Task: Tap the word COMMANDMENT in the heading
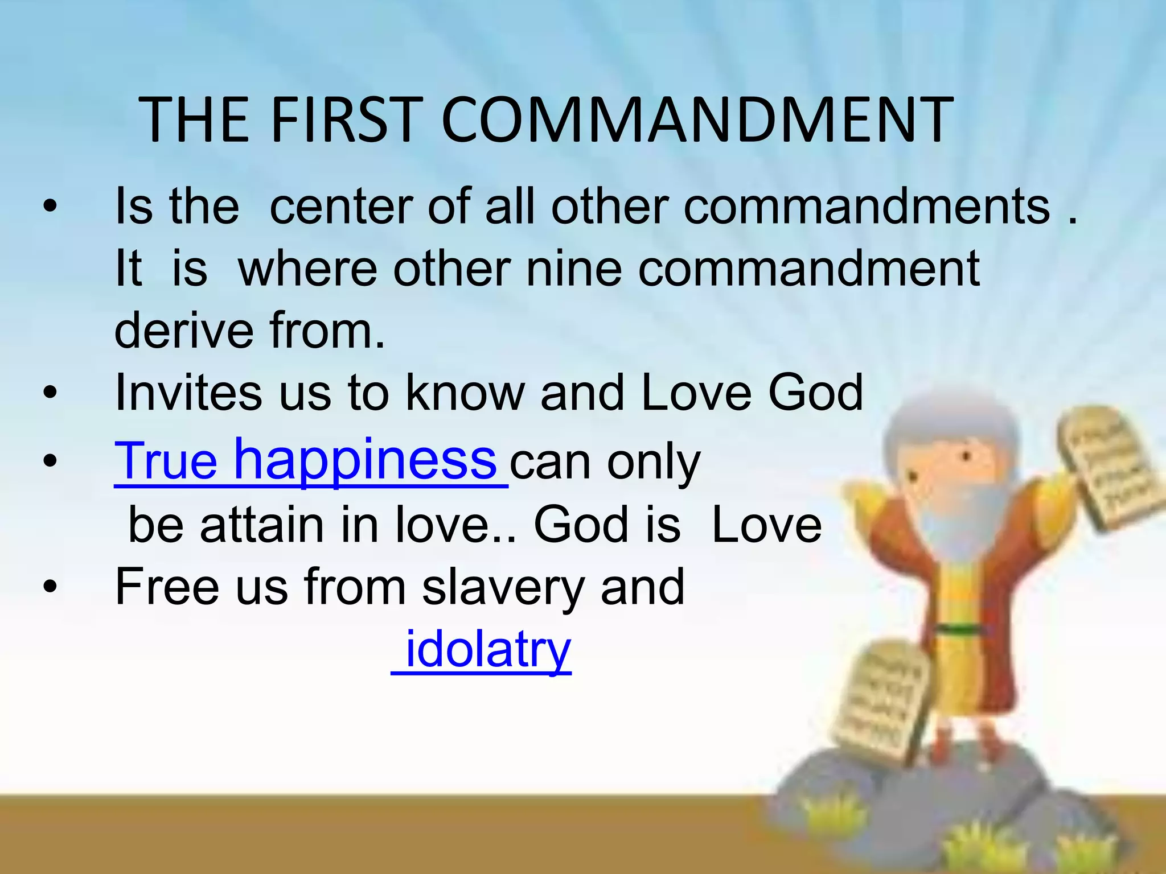pyautogui.click(x=697, y=121)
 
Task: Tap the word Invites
pyautogui.click(x=188, y=393)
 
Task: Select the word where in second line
pyautogui.click(x=307, y=269)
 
